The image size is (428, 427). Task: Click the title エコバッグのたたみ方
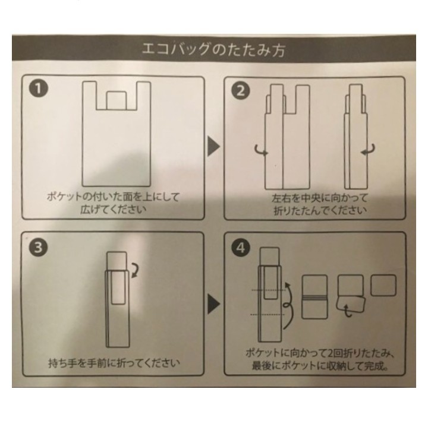pos(214,50)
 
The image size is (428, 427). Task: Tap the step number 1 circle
pos(39,88)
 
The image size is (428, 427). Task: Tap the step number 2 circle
pos(240,91)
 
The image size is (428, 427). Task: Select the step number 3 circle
pos(38,248)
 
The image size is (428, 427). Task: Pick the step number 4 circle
pos(241,248)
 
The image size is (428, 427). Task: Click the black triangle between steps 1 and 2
pos(213,147)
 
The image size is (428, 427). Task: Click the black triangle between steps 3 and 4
pos(214,303)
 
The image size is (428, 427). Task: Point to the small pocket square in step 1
pos(117,100)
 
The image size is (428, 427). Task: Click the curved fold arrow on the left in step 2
pos(262,151)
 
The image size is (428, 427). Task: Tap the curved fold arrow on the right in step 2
pos(368,150)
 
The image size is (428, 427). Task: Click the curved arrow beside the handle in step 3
pos(135,270)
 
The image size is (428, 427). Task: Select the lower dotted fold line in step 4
pos(267,315)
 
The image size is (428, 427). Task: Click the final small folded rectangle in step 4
pos(383,285)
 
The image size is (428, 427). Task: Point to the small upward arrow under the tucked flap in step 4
pos(347,310)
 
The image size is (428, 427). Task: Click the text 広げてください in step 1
pos(114,210)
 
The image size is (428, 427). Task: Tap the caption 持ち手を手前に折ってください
pos(114,363)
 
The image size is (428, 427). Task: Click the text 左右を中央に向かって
pos(320,198)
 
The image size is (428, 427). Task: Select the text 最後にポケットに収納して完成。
pos(320,366)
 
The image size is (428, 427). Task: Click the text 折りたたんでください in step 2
pos(320,210)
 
